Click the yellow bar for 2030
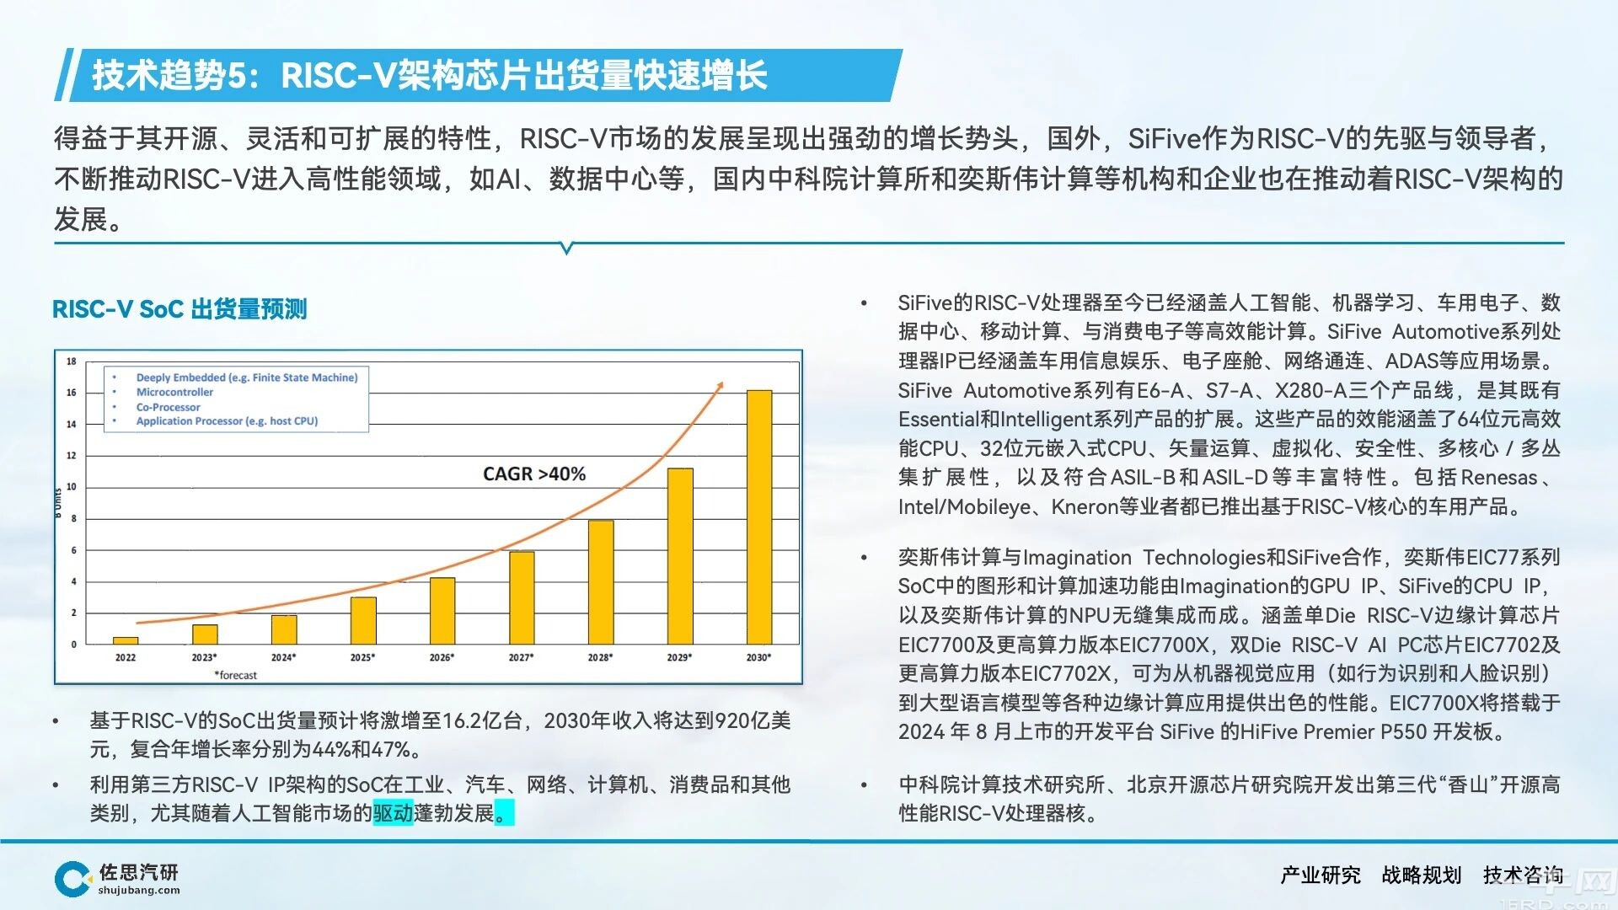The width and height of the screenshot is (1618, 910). pos(758,517)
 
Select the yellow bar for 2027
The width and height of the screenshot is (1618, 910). pos(522,598)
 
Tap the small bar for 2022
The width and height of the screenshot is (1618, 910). pos(126,640)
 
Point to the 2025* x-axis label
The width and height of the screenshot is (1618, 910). pos(362,657)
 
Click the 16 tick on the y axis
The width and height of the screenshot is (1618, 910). pos(72,393)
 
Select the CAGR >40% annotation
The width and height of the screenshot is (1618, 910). pos(534,474)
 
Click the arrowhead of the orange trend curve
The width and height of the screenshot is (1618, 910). pos(719,386)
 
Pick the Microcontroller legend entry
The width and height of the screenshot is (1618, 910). pos(174,393)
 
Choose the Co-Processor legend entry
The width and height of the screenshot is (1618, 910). pos(168,407)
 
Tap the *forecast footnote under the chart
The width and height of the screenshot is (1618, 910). pos(236,675)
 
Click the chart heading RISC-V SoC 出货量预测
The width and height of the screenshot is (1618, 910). pos(179,309)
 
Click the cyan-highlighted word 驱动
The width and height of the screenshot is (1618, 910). pos(393,813)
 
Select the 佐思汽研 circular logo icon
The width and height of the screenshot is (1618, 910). pos(72,879)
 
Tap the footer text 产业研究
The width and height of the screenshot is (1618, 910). pos(1321,875)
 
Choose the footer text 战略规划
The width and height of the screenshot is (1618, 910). pos(1422,875)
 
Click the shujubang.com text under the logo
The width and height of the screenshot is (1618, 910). pos(139,891)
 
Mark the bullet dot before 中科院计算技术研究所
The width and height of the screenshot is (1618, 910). pos(864,785)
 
